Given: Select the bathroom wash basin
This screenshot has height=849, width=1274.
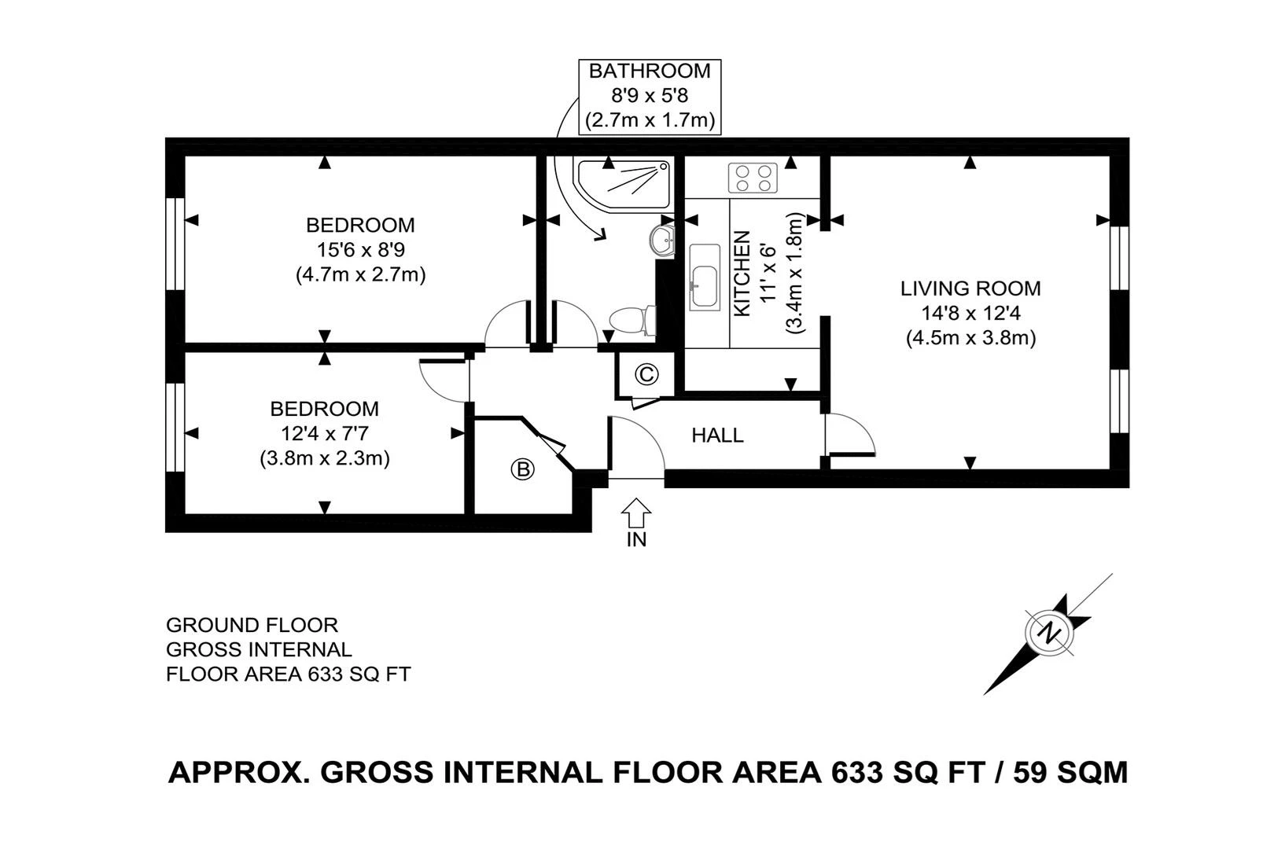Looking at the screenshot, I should (663, 240).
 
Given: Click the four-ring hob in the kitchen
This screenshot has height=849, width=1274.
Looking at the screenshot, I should (753, 178).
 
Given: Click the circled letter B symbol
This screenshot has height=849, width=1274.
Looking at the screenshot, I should (523, 469).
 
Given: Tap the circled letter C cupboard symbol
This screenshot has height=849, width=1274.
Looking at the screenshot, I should (646, 374).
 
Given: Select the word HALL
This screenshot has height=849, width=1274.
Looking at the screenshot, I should (717, 435).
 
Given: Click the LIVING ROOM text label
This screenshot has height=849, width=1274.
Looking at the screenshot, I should (970, 289).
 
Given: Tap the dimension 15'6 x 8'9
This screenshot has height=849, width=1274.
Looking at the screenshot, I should (360, 250).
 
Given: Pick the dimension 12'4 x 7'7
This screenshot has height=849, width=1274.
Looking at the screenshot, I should (324, 433).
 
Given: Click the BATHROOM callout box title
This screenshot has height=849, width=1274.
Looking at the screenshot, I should (650, 71).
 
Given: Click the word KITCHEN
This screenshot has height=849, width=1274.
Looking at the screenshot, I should (742, 274).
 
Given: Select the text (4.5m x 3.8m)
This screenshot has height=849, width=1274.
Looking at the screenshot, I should (970, 339).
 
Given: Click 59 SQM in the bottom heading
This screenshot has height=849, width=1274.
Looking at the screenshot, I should (1070, 772).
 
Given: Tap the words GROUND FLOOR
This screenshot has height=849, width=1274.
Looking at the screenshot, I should (252, 625).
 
